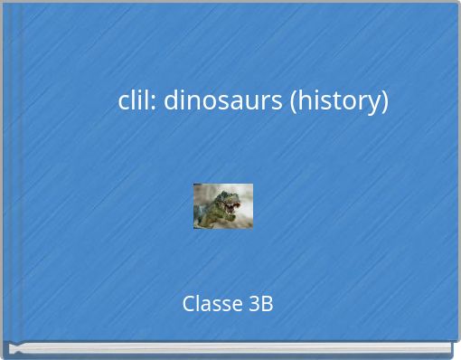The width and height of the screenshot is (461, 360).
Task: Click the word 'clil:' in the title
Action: click(137, 100)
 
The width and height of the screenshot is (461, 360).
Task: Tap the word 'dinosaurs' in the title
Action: click(223, 100)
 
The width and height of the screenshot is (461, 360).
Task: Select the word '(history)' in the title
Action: click(339, 100)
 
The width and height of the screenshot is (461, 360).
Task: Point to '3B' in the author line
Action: click(260, 304)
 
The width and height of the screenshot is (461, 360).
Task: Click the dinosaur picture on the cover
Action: click(223, 206)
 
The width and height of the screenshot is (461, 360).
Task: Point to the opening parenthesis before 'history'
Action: click(293, 101)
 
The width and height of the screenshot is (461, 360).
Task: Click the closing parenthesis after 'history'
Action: click(385, 101)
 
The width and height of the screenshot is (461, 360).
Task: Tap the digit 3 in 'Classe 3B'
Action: click(254, 304)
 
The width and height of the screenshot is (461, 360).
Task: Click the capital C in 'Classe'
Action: click(188, 304)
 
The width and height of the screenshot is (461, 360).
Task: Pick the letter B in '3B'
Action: click(267, 304)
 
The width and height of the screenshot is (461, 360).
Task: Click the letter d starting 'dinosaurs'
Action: click(171, 100)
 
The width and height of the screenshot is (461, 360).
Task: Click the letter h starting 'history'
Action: click(304, 100)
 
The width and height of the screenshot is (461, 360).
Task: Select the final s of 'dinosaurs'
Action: click(278, 101)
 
